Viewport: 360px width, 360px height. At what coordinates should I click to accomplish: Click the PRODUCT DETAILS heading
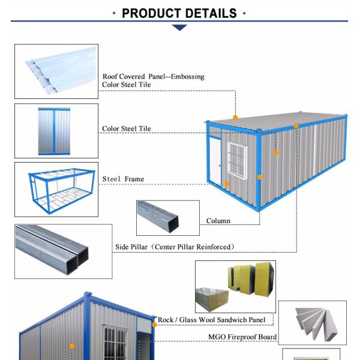pos(179,13)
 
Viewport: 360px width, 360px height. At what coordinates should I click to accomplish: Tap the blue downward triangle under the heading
pos(179,27)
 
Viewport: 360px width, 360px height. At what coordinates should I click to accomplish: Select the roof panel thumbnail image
pos(56,71)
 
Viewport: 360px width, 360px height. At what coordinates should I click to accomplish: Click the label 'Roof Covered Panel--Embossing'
pos(153,76)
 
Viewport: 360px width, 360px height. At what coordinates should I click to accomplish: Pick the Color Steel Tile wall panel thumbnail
pos(56,131)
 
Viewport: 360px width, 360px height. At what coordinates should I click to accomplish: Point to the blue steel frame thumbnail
pos(56,188)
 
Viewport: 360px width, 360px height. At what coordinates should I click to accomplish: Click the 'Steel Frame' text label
pos(123,179)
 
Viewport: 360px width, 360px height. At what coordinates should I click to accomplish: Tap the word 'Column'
pos(218,221)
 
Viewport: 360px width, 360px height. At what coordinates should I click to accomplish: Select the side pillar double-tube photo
pos(63,251)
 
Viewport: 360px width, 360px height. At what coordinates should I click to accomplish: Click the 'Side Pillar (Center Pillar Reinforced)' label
pos(175,247)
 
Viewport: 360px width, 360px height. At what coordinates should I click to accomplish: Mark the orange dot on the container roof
pos(236,118)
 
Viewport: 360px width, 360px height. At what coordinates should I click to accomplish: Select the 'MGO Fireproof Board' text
pos(242,337)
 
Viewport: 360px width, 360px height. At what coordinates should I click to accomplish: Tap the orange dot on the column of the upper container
pos(259,177)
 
